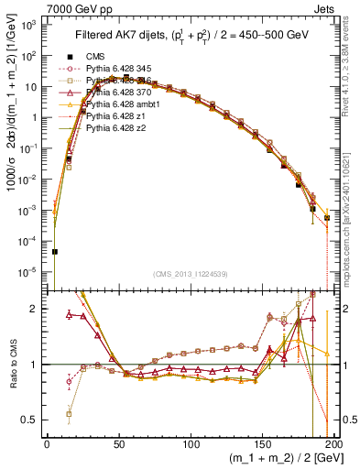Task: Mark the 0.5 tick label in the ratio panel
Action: pos(31,420)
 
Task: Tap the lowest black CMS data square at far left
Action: pos(54,251)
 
